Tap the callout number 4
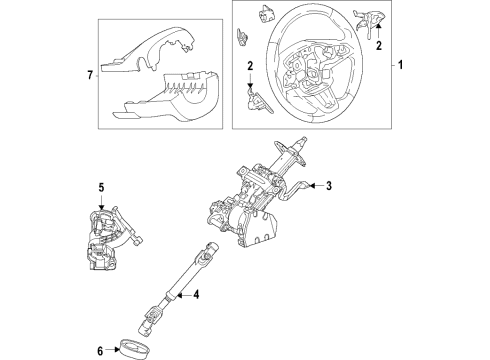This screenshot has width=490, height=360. coord(196,294)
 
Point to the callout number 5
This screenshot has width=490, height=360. coord(101,186)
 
